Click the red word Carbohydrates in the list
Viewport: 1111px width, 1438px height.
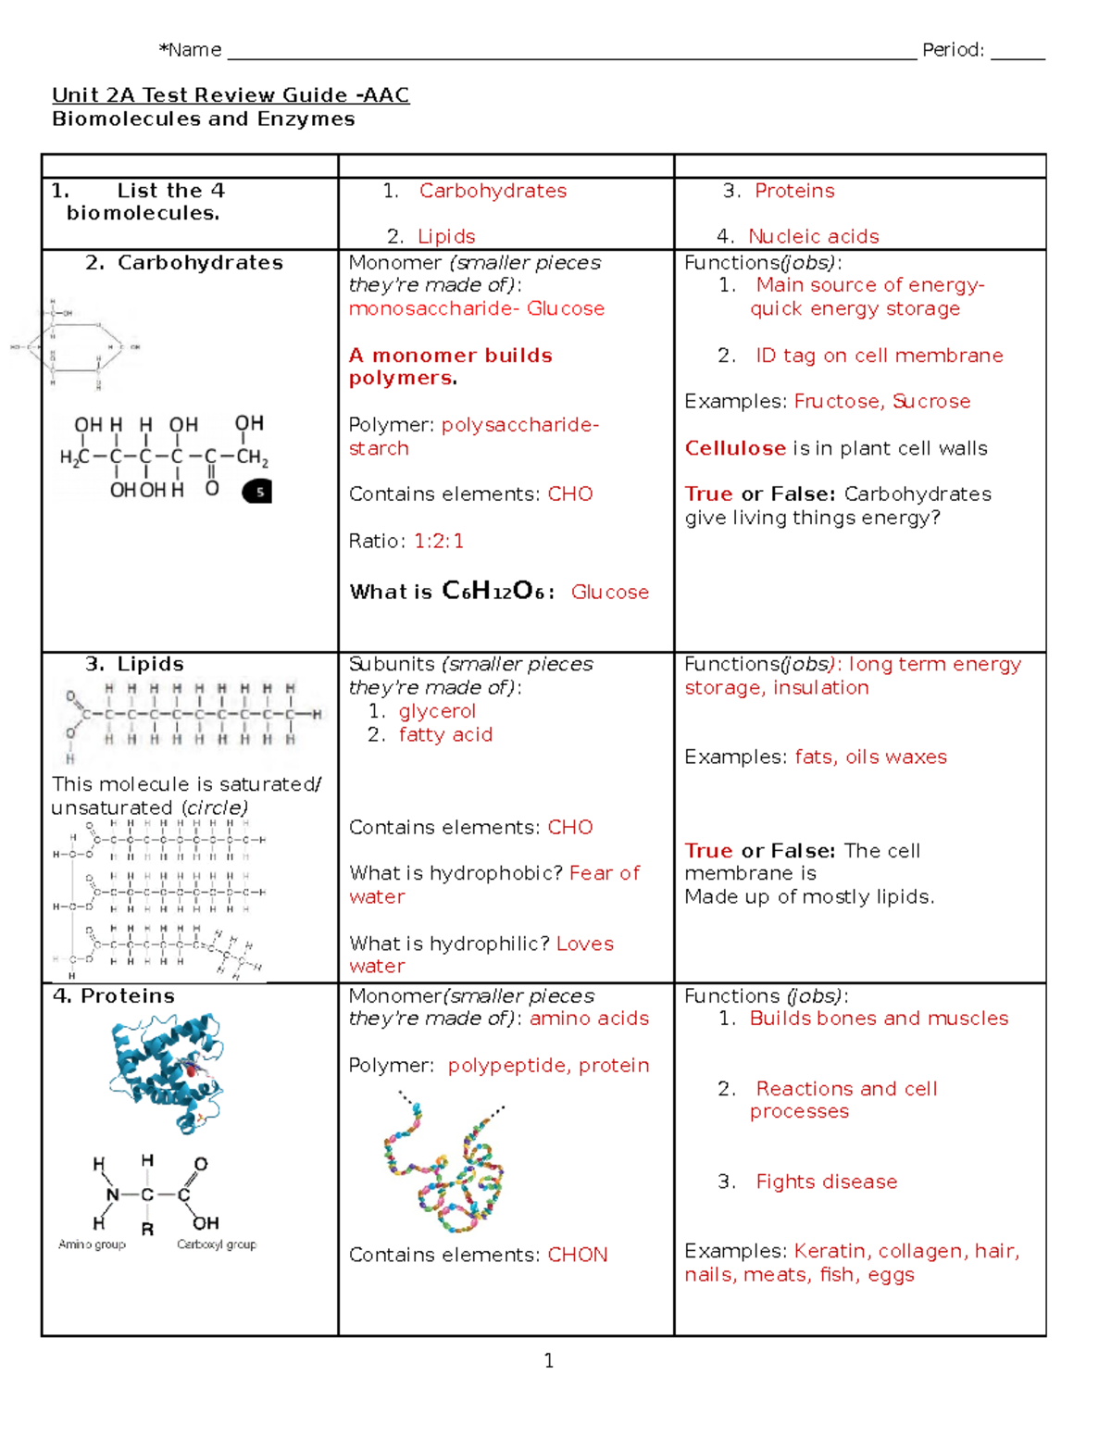click(x=493, y=191)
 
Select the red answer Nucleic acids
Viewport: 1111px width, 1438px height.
click(x=813, y=237)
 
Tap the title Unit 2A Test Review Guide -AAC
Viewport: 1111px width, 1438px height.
click(x=231, y=95)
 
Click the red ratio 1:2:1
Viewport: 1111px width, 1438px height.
click(x=439, y=541)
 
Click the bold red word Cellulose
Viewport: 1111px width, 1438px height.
click(x=735, y=448)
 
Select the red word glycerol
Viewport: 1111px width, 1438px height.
click(x=437, y=711)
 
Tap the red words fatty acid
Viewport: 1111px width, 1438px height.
click(x=445, y=735)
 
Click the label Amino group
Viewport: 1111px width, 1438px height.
click(x=92, y=1244)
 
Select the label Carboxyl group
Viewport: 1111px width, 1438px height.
click(x=217, y=1244)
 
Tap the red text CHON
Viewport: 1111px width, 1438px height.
click(x=578, y=1256)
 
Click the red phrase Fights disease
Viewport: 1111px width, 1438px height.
click(x=826, y=1182)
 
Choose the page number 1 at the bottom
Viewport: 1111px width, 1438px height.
click(x=549, y=1360)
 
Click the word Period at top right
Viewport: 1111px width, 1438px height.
click(x=952, y=50)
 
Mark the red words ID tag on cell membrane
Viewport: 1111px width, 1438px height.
click(x=879, y=356)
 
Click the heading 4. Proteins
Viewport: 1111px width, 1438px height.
click(x=114, y=996)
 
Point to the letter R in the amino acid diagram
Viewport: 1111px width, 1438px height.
click(x=147, y=1230)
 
